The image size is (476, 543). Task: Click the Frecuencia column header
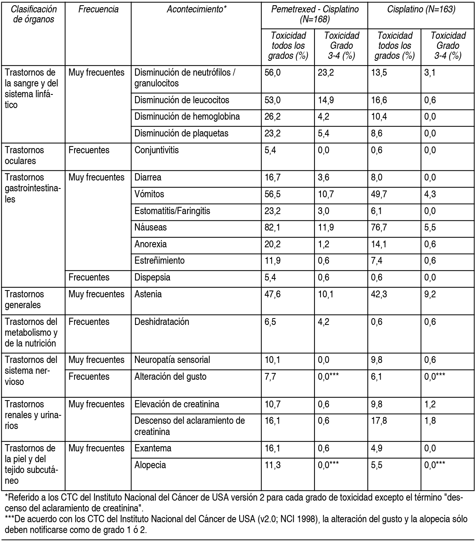pyautogui.click(x=98, y=10)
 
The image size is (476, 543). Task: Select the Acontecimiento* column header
pyautogui.click(x=196, y=10)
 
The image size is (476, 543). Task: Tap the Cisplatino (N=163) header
pyautogui.click(x=421, y=10)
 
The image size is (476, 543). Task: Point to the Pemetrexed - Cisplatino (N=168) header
pyautogui.click(x=315, y=14)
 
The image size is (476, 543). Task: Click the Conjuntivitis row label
pyautogui.click(x=157, y=150)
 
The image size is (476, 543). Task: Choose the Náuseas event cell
pyautogui.click(x=151, y=228)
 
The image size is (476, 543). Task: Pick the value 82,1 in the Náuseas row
pyautogui.click(x=272, y=228)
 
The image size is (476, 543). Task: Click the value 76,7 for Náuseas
pyautogui.click(x=379, y=228)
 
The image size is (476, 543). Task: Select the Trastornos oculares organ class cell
pyautogui.click(x=24, y=155)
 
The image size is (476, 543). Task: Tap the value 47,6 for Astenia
pyautogui.click(x=272, y=295)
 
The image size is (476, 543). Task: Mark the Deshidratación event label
pyautogui.click(x=162, y=322)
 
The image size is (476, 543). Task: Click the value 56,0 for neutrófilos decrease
pyautogui.click(x=272, y=73)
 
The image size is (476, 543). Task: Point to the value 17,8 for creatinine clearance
pyautogui.click(x=379, y=421)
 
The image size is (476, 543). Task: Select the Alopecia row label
pyautogui.click(x=150, y=465)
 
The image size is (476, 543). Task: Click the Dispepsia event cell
pyautogui.click(x=152, y=278)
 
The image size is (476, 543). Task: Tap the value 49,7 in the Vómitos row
pyautogui.click(x=379, y=194)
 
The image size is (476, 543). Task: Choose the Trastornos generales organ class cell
pyautogui.click(x=24, y=299)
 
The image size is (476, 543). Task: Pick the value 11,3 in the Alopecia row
pyautogui.click(x=272, y=465)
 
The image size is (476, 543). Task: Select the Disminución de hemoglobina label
pyautogui.click(x=187, y=117)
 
